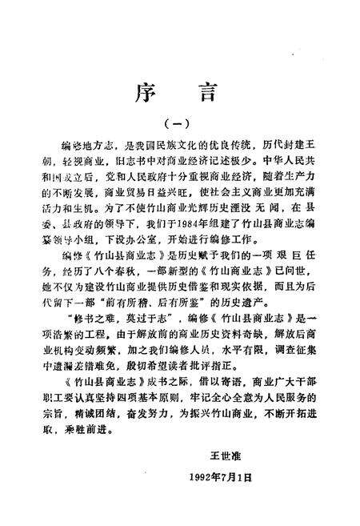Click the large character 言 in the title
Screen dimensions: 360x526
click(210, 82)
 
